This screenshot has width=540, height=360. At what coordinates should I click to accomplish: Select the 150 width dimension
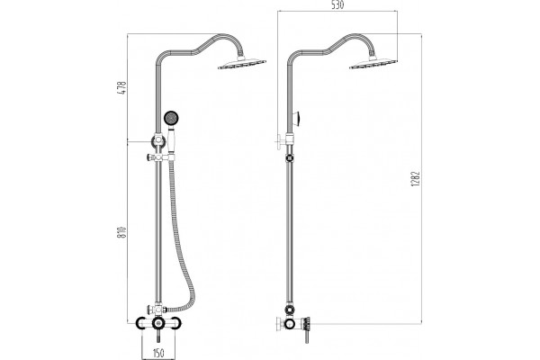(x=158, y=353)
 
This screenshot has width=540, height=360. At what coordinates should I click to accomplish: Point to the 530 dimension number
(x=337, y=4)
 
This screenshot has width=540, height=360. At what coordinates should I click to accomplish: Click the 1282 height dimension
(x=416, y=179)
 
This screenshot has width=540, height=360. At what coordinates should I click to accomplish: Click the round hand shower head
(x=171, y=118)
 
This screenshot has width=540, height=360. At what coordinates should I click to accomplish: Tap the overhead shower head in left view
(x=242, y=64)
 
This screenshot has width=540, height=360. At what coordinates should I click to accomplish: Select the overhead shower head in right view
(x=373, y=64)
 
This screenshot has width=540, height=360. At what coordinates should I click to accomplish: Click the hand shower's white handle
(x=171, y=140)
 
